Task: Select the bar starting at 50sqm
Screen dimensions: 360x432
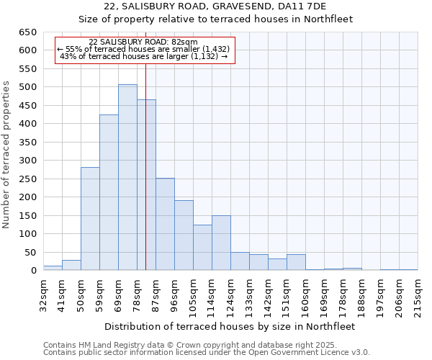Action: [90, 219]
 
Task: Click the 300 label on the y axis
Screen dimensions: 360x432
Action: [27, 161]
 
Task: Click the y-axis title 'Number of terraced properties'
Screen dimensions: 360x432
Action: [7, 155]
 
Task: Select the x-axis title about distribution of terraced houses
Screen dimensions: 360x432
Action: [230, 326]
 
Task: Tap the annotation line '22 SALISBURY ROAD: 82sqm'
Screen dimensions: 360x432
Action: [143, 42]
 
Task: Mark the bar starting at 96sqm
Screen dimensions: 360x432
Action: [184, 235]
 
